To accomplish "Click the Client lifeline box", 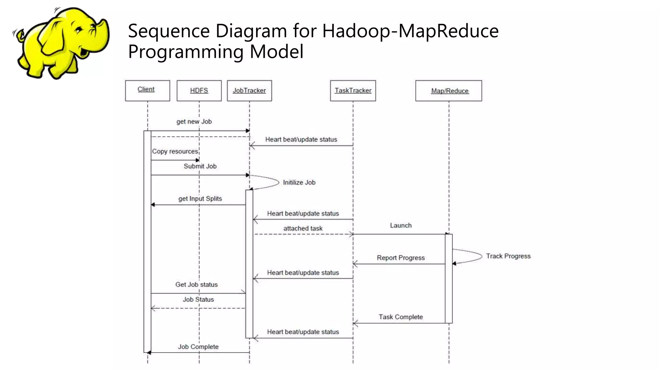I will pos(147,91).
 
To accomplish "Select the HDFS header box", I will pos(199,91).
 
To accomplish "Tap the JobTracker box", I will pos(249,91).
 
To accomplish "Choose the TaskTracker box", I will pos(353,91).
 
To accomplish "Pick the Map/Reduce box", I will pos(449,91).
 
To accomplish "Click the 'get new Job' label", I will pos(194,122).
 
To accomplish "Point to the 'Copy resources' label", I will pos(175,151).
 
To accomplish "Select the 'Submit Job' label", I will pos(200,166).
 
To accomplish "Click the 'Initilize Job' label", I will pos(299,182).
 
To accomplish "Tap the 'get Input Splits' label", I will pos(200,198).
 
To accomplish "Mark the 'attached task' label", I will pos(303,228).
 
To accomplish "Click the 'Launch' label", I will pos(401,225).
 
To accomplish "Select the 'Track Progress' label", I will pos(508,256).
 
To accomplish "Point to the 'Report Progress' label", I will pos(401,258).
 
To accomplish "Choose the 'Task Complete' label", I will pos(401,317).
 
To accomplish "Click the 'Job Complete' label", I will pos(198,347).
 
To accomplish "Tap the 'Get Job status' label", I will pos(196,285).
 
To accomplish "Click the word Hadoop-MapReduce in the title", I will pos(410,31).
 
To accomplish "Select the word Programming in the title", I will pos(185,52).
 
